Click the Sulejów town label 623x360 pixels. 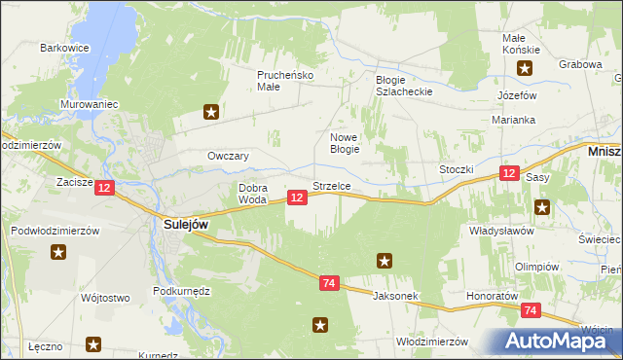coord(180,224)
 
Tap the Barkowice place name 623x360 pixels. coord(64,47)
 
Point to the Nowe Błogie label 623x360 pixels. coord(346,143)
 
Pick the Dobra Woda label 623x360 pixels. coord(252,193)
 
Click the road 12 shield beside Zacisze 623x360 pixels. coord(106,187)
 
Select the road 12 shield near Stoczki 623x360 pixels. coord(509,173)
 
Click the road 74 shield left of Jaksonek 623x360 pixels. coord(329,283)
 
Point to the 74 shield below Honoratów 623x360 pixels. coord(531,310)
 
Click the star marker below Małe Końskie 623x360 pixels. coord(525,68)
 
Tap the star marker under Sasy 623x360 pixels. coord(542,206)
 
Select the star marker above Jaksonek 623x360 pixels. coord(385,260)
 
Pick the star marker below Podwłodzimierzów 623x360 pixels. coord(58,252)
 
